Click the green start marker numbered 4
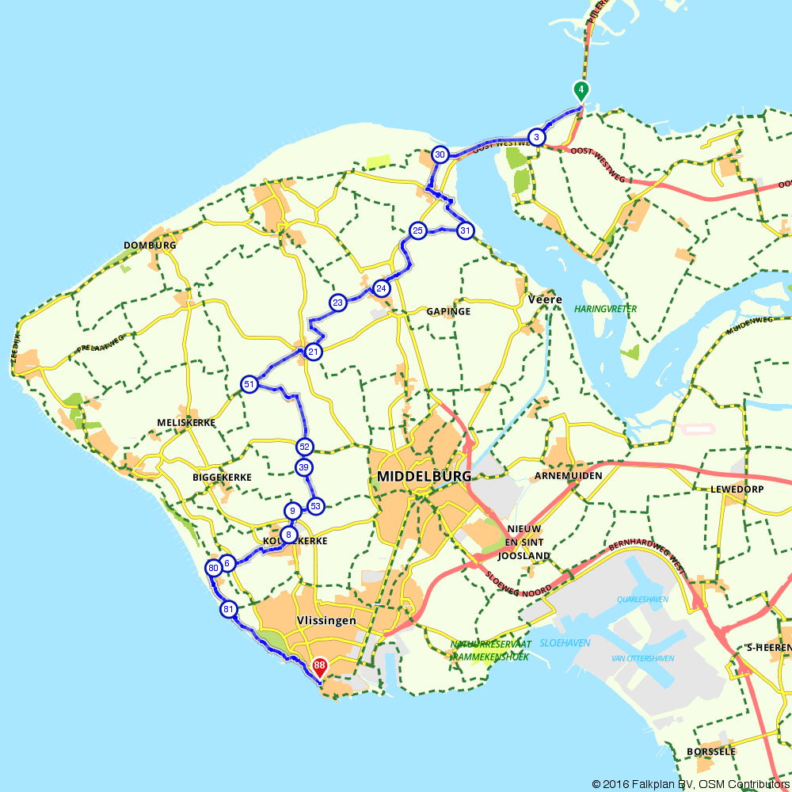coord(581,90)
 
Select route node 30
coord(440,154)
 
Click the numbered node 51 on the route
coord(249,385)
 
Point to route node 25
coord(418,230)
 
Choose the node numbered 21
coord(314,352)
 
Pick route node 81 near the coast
coord(229,609)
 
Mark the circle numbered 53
coord(315,506)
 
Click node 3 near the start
coord(537,137)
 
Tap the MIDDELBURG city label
coord(425,477)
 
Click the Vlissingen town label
coord(326,621)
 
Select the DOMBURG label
coord(150,246)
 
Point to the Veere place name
coord(545,300)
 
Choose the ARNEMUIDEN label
coord(569,475)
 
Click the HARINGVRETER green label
coord(606,309)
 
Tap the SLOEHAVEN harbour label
coord(565,643)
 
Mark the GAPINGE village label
coord(448,312)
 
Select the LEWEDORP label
coord(737,489)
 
